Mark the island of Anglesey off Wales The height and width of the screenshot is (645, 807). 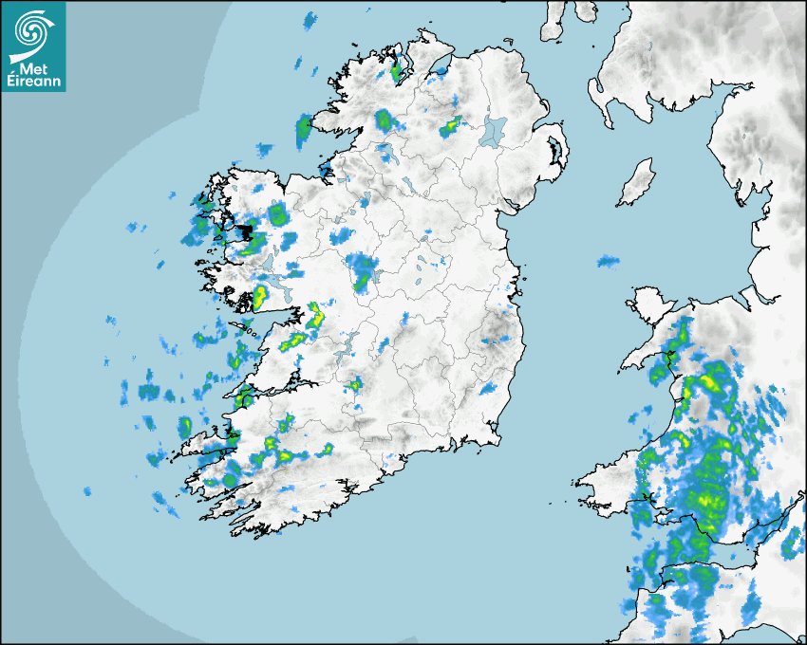click(x=647, y=304)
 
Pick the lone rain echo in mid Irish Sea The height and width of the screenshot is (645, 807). click(x=608, y=260)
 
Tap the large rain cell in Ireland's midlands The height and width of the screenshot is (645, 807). click(x=360, y=271)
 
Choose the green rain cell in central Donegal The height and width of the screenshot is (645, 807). click(x=384, y=120)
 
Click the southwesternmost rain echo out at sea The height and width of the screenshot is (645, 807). click(x=87, y=491)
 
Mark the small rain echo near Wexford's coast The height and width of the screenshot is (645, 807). click(x=489, y=388)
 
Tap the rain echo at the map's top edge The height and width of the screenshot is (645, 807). click(x=310, y=19)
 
